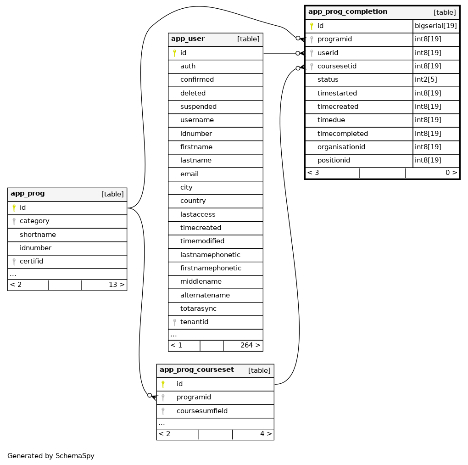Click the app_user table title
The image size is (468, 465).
[188, 39]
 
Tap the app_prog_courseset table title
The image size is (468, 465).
[197, 370]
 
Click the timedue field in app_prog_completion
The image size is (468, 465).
[331, 120]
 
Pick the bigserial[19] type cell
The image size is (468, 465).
[436, 26]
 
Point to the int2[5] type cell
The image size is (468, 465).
[427, 80]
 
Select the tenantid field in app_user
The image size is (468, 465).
[194, 322]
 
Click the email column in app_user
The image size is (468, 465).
[189, 174]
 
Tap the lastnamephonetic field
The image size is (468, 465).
[210, 255]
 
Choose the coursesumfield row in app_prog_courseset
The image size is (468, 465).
[202, 411]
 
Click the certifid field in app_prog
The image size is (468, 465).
[31, 262]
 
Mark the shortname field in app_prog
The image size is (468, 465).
[38, 235]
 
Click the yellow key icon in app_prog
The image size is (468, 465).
[14, 208]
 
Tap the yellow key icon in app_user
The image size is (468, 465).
[174, 53]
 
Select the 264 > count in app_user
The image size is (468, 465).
[250, 346]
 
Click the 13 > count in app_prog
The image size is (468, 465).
[117, 285]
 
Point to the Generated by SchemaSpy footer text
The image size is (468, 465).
[51, 456]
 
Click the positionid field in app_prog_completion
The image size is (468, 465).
[334, 161]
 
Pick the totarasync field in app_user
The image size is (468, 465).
[198, 309]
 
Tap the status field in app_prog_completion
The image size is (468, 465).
[328, 80]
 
